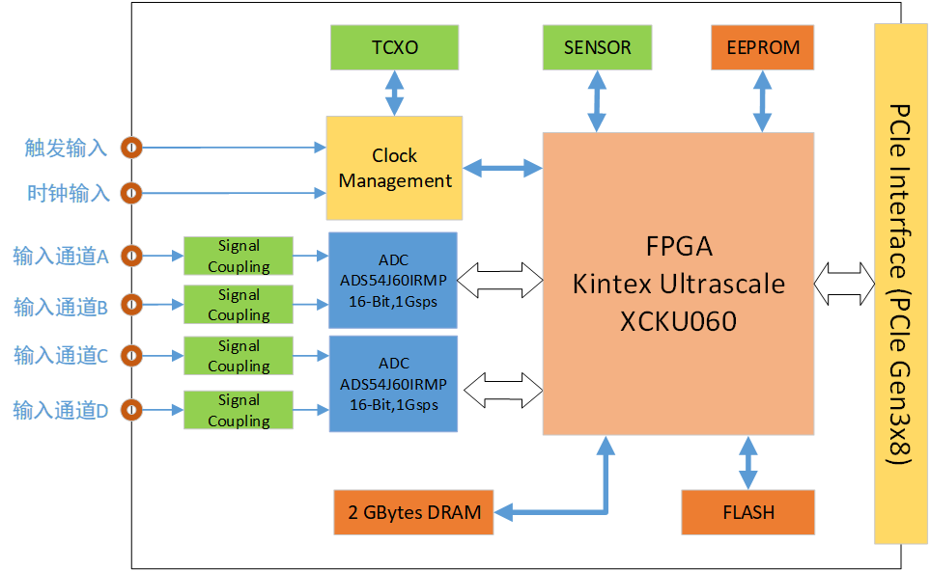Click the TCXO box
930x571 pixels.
click(395, 47)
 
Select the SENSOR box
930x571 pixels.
click(597, 47)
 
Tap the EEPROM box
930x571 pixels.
click(763, 47)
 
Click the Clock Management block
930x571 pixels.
click(394, 168)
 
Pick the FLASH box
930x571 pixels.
click(748, 512)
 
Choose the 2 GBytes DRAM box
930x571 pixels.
click(414, 512)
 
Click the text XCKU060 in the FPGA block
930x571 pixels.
click(678, 320)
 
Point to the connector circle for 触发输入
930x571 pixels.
click(131, 148)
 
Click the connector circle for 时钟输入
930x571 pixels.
click(131, 193)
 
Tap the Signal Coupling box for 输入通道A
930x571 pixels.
click(239, 256)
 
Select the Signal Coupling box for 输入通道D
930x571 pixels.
click(239, 410)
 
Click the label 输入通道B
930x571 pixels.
click(60, 307)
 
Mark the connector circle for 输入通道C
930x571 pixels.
click(131, 356)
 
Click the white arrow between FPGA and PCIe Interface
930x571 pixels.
click(844, 285)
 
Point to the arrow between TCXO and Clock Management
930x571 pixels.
click(394, 93)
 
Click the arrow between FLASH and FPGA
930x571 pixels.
click(747, 463)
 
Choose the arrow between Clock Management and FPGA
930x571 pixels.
click(502, 168)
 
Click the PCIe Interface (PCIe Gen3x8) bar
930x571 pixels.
click(901, 284)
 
